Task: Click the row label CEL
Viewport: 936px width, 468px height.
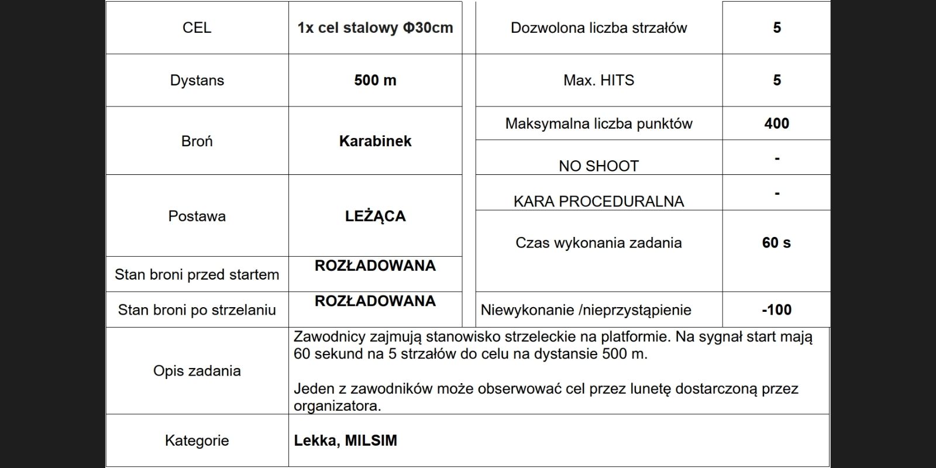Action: click(x=197, y=27)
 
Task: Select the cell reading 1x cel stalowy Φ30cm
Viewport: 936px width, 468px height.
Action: click(x=375, y=27)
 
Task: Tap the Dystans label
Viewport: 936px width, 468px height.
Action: click(x=197, y=80)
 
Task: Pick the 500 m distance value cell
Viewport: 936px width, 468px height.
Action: click(x=375, y=80)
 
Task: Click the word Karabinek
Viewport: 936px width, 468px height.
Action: click(x=375, y=141)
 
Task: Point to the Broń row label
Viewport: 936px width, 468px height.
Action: click(x=197, y=141)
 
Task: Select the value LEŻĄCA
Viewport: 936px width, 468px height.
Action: click(x=375, y=216)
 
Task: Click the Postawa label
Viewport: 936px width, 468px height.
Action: click(x=197, y=216)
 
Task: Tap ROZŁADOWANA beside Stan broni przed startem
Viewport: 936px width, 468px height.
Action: click(x=375, y=266)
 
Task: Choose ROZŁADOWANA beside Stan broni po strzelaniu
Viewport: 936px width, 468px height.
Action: click(x=375, y=301)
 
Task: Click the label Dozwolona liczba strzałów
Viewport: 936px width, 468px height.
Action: click(x=598, y=27)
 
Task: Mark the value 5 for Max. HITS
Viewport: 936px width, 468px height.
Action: click(x=776, y=80)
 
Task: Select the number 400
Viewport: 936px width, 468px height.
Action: click(x=776, y=123)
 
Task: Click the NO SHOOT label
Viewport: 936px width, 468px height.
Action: click(x=598, y=166)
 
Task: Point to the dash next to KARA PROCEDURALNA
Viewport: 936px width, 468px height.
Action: click(x=776, y=193)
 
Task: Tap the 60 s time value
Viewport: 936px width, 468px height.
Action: click(x=776, y=243)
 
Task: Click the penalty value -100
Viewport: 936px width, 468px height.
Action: click(x=776, y=309)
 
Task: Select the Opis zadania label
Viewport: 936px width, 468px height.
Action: click(x=197, y=371)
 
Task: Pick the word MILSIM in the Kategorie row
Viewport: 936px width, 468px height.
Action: click(x=371, y=441)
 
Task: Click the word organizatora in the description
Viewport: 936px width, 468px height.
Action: click(x=337, y=406)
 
